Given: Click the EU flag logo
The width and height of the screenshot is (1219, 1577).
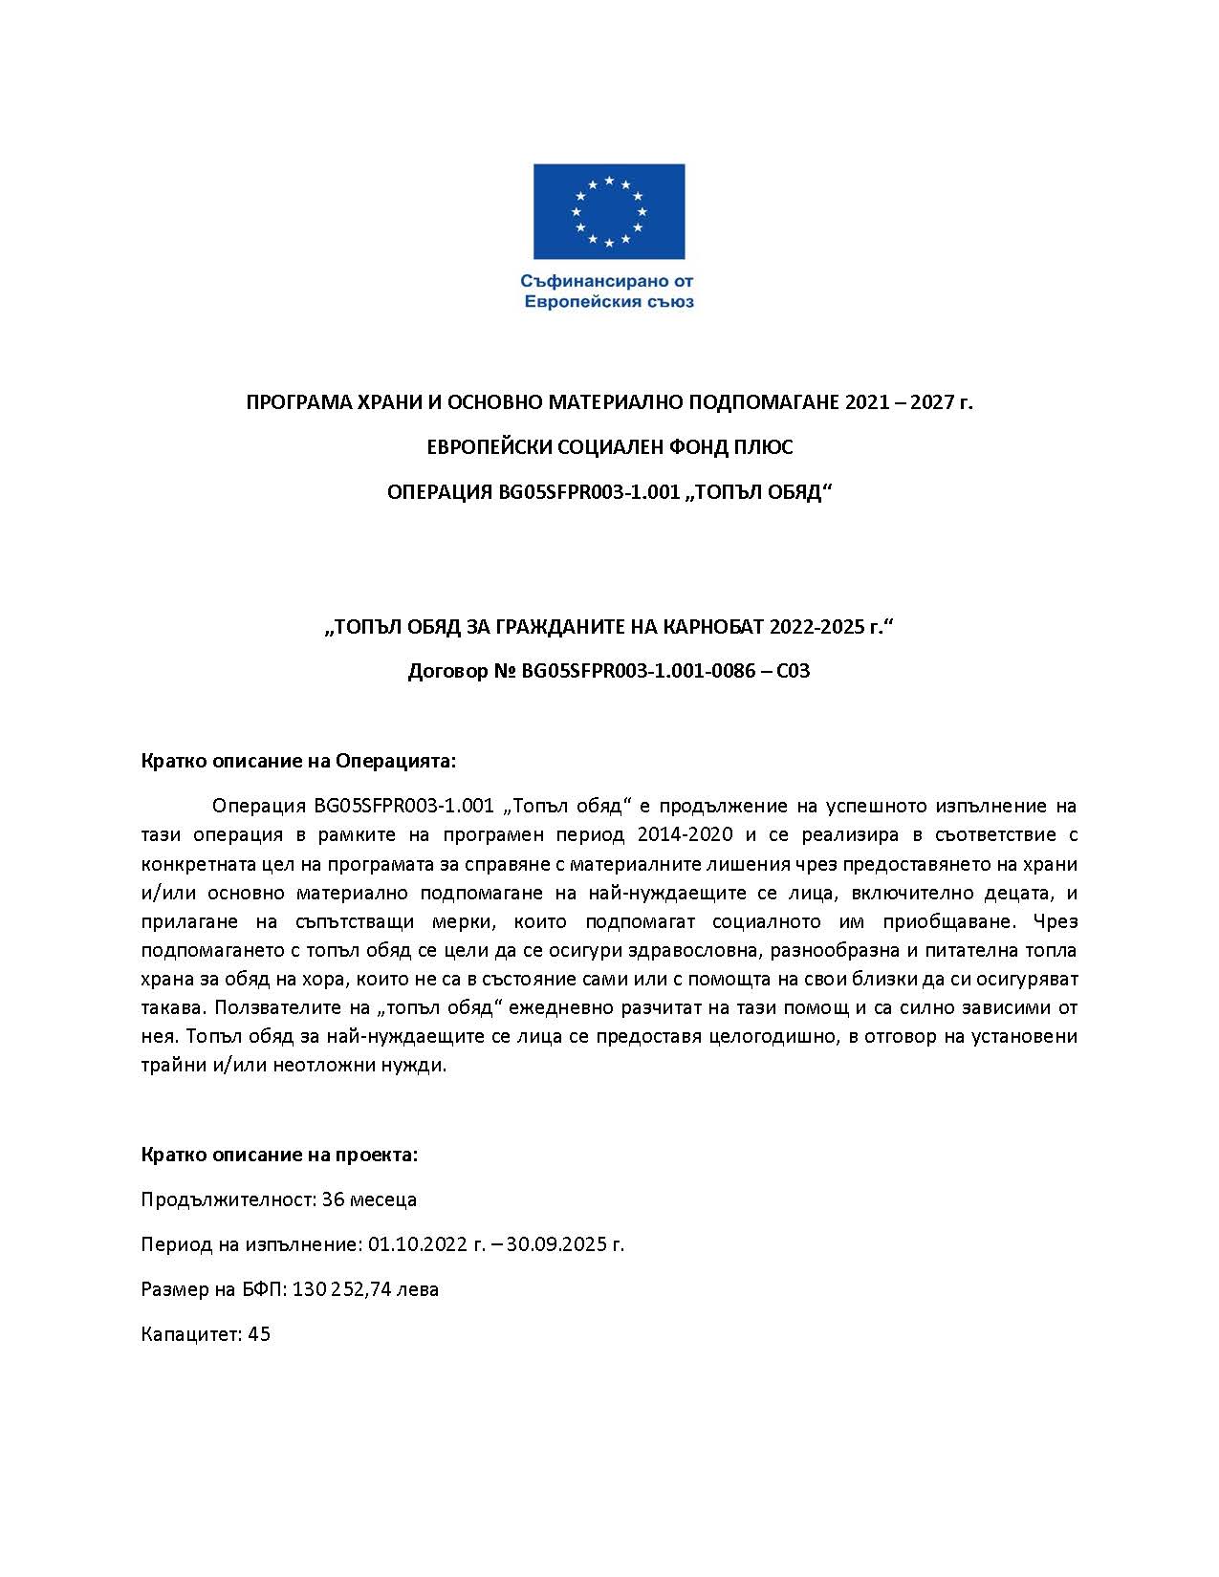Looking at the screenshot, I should [x=609, y=211].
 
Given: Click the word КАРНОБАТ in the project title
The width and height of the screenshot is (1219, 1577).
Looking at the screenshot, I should [x=706, y=626].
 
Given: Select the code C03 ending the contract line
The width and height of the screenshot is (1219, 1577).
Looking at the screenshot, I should [x=793, y=671].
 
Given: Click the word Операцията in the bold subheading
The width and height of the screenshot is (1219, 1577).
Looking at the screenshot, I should [x=395, y=762].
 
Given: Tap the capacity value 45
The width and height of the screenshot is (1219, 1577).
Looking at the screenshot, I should [x=259, y=1334].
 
